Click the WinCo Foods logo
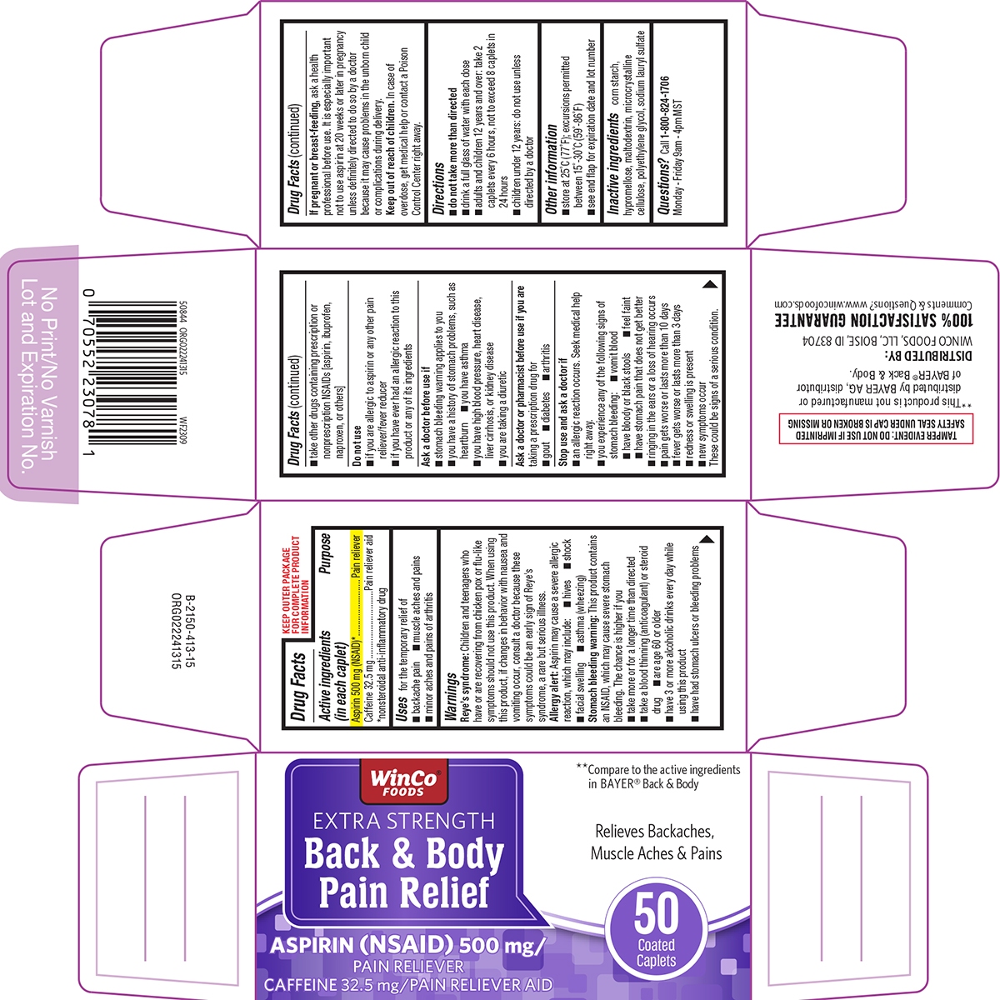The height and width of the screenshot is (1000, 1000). (x=403, y=782)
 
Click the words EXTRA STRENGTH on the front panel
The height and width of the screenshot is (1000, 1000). (x=403, y=822)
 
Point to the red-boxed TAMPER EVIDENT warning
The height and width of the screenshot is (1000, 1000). (x=877, y=429)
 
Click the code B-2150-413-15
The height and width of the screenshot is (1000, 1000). (x=189, y=632)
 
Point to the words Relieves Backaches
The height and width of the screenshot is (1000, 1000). (x=654, y=831)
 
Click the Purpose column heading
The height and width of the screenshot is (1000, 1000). (x=325, y=553)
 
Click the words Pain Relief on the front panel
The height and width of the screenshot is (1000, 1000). (x=403, y=892)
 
